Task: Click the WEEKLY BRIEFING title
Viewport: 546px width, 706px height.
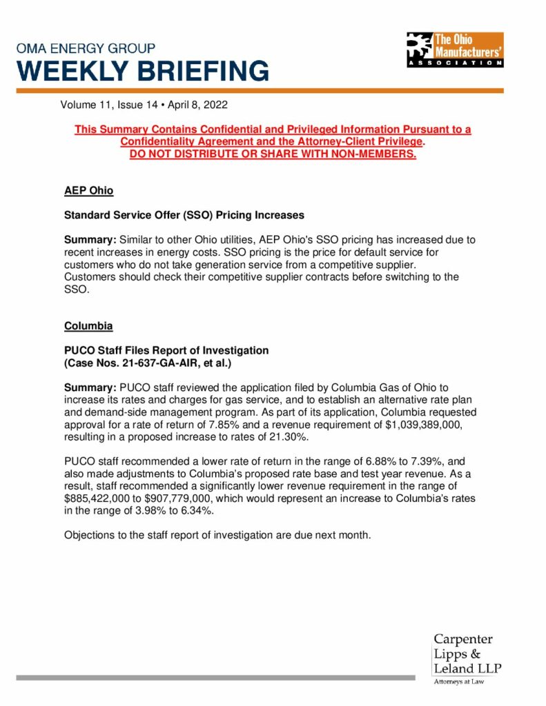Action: [x=143, y=70]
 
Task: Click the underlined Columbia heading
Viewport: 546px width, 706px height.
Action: [x=88, y=325]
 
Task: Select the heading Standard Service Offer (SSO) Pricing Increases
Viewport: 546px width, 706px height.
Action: [x=184, y=215]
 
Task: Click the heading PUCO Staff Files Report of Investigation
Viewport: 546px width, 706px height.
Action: [x=166, y=350]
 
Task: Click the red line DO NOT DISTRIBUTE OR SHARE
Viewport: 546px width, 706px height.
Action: [x=273, y=153]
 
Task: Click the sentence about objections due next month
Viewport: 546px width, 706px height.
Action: [x=217, y=534]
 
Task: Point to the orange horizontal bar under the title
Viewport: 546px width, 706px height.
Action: [x=260, y=90]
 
